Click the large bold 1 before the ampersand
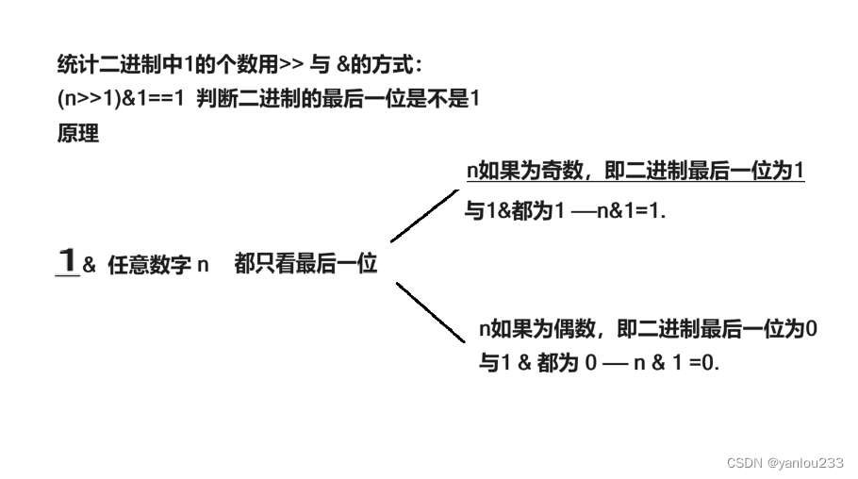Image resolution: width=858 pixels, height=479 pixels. click(66, 261)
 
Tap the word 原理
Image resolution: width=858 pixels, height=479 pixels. click(77, 133)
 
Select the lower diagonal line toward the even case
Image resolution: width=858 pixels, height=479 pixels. click(430, 311)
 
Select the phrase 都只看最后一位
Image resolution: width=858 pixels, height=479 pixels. click(305, 265)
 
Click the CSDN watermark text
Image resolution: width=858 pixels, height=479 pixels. click(744, 462)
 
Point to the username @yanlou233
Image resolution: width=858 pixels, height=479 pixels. click(806, 462)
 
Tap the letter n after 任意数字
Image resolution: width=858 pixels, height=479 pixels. click(202, 266)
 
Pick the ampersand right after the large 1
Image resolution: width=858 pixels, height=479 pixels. click(90, 266)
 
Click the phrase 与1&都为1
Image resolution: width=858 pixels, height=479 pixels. click(515, 212)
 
